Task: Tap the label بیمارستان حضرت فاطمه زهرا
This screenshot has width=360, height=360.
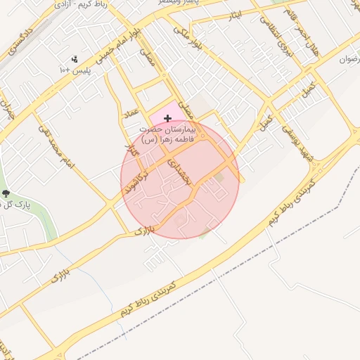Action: click(x=165, y=134)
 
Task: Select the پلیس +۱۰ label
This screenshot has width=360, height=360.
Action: click(x=74, y=70)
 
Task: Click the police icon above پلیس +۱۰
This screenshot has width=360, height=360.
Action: click(x=75, y=59)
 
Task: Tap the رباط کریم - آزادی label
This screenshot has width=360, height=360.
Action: click(x=78, y=5)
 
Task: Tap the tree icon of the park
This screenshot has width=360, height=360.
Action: click(x=6, y=193)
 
